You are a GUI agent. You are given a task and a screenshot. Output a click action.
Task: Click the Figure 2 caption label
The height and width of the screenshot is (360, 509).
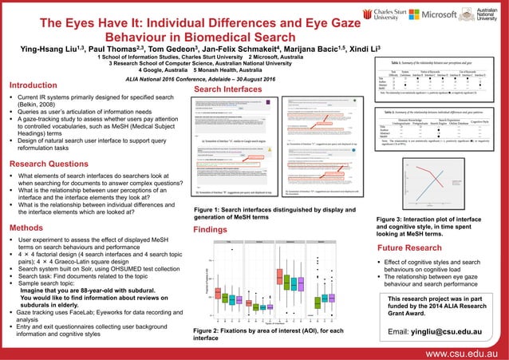207,330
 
